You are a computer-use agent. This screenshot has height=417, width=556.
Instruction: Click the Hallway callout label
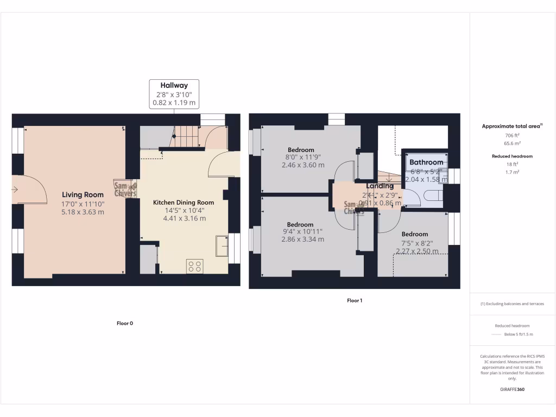[174, 85]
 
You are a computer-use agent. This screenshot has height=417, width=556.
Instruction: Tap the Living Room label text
[83, 195]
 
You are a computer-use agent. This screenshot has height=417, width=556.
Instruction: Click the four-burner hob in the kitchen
[195, 266]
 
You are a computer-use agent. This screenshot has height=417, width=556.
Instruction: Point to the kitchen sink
[222, 245]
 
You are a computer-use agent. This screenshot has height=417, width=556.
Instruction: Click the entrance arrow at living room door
[14, 189]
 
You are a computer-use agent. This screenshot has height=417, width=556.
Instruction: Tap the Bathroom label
[426, 162]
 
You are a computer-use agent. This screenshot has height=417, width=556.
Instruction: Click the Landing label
[380, 186]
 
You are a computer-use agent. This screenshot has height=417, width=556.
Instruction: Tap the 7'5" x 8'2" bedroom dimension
[415, 243]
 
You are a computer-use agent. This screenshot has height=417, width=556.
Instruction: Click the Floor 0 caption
[125, 323]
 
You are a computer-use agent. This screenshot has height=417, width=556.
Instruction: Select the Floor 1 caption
[355, 300]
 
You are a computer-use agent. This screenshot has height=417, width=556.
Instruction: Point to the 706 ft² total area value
[513, 136]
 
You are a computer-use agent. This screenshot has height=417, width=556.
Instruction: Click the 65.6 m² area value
[513, 144]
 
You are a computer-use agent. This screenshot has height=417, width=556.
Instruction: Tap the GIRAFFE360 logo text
[513, 389]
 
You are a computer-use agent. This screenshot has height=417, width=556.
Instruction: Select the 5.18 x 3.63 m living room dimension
[83, 212]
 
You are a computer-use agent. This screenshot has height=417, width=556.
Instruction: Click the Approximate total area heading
[511, 126]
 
